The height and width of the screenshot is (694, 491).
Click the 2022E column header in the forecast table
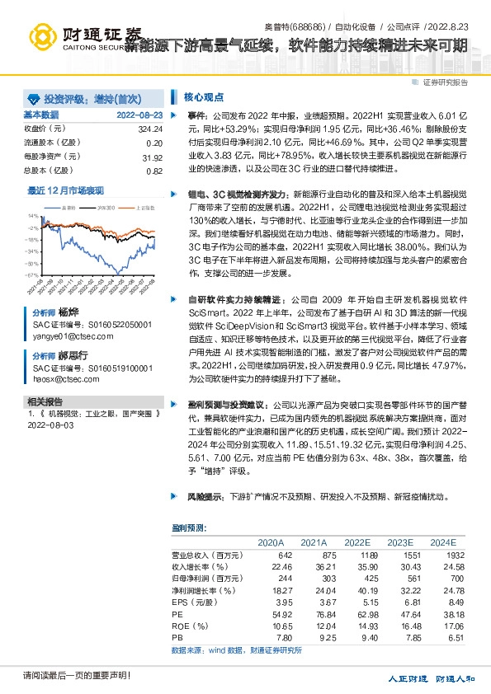pos(357,542)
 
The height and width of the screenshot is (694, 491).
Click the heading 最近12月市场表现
pos(66,190)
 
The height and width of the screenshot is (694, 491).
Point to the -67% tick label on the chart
pos(31,251)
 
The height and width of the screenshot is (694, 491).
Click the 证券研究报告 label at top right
pos(445,82)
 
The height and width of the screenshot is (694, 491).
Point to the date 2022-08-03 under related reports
pos(51,425)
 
